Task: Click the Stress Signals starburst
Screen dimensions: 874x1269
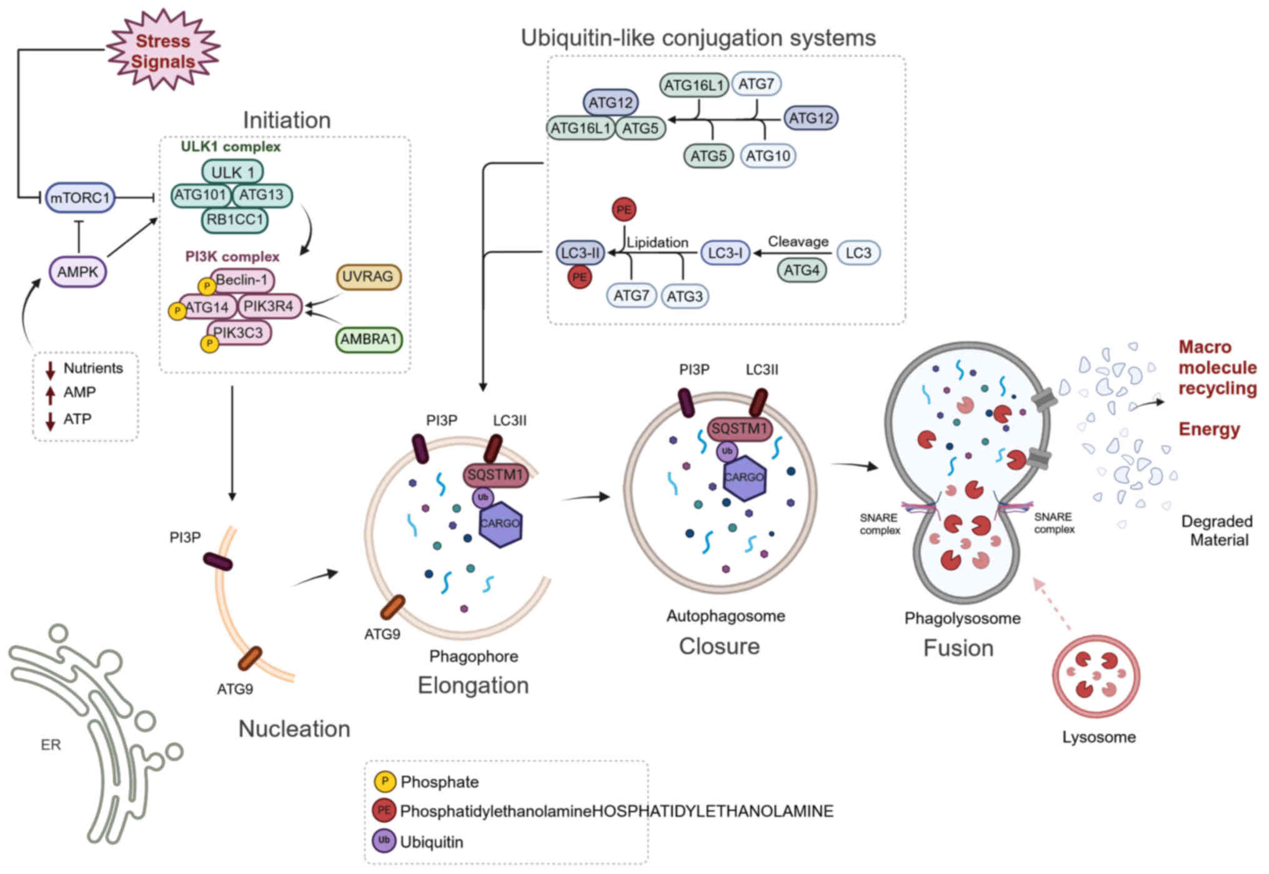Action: [x=163, y=51]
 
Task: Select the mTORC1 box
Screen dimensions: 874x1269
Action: [x=80, y=198]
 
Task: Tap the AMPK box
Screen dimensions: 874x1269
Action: [x=78, y=272]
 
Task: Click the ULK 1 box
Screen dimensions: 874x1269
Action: [x=232, y=172]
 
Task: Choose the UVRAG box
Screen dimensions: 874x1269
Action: [x=368, y=277]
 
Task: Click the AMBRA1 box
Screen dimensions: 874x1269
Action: [x=369, y=339]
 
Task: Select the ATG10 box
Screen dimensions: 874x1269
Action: [x=768, y=156]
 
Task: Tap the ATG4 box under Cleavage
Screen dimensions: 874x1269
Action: [x=802, y=271]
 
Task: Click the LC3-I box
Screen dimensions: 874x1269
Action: [x=725, y=253]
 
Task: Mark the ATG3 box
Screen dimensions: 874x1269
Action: [x=685, y=296]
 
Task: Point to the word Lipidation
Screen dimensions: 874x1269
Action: [x=657, y=242]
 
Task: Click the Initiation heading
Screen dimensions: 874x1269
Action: [x=287, y=120]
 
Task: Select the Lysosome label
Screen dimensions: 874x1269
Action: [x=1099, y=737]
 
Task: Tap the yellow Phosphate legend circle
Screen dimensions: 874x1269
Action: [x=384, y=782]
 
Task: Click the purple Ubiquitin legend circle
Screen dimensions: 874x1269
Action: [x=384, y=841]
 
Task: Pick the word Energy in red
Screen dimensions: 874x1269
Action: [x=1209, y=429]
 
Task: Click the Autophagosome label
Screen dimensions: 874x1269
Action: [x=725, y=616]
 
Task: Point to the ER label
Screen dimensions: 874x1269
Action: [x=51, y=745]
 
